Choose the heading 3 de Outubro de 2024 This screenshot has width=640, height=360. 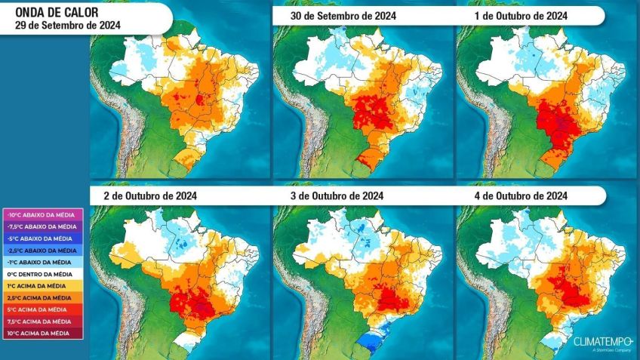tap(336, 195)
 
